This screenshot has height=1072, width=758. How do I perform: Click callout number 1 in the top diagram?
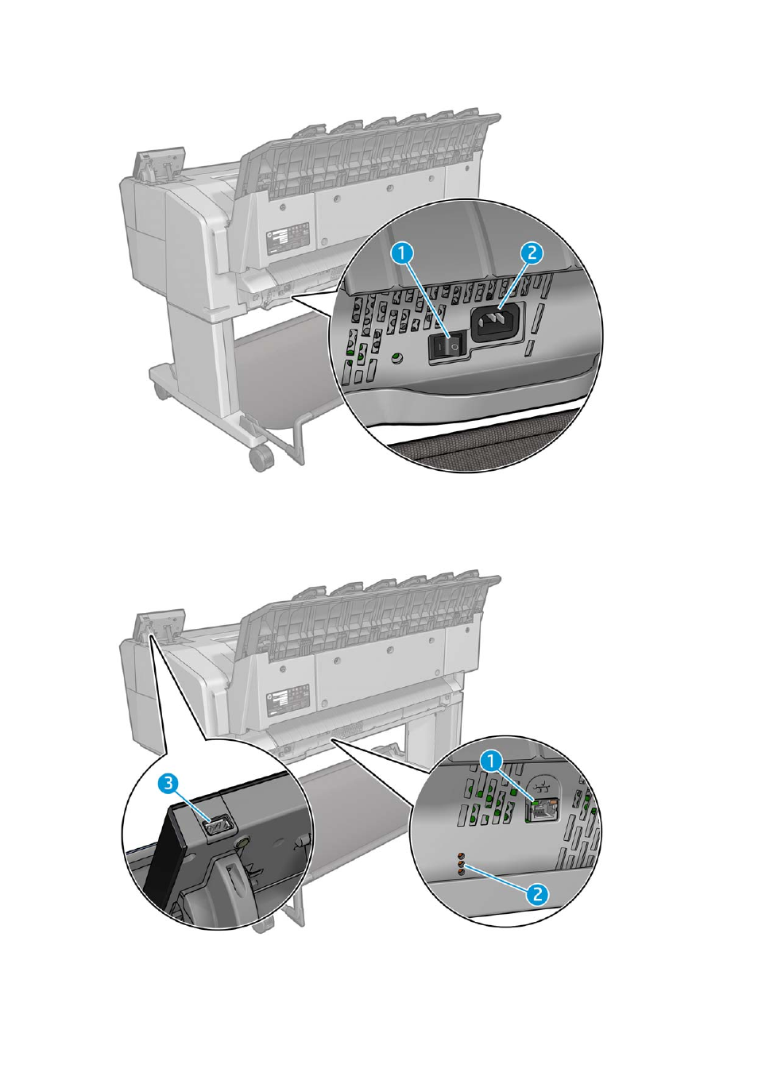404,253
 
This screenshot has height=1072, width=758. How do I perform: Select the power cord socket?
497,323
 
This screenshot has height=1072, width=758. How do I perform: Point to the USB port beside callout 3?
218,825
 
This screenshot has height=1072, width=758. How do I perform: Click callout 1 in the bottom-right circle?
493,760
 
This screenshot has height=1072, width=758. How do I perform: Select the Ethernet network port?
542,810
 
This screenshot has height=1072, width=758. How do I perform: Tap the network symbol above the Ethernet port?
542,786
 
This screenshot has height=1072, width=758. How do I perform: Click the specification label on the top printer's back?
288,239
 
